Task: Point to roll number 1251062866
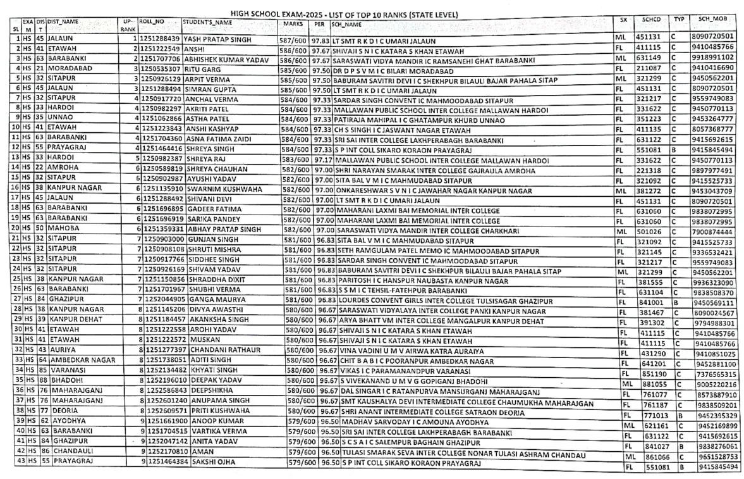[x=161, y=120]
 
